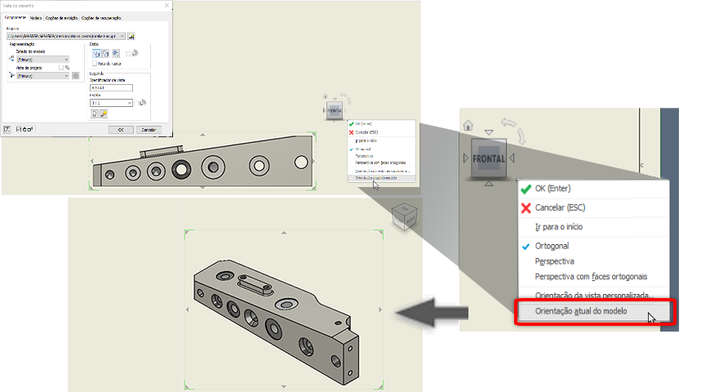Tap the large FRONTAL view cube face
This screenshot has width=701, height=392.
coord(487,157)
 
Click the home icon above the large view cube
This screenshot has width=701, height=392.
coord(468,125)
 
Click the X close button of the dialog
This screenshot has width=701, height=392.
coord(166,7)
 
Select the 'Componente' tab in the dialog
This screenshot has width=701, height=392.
coord(16,17)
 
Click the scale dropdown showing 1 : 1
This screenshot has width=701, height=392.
coord(111,103)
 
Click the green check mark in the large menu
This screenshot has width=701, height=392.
coord(526,187)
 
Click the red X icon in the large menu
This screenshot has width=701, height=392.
coord(526,207)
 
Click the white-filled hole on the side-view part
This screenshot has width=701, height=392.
coord(260,165)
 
